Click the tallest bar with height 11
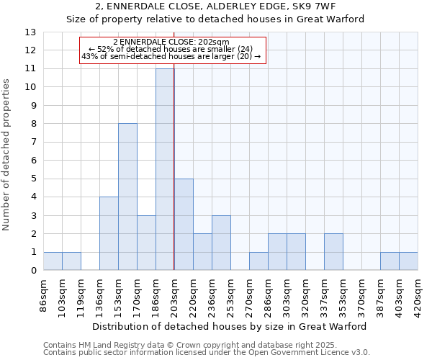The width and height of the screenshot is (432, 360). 165,169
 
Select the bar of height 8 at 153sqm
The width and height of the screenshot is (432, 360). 127,197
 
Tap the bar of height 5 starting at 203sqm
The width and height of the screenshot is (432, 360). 184,225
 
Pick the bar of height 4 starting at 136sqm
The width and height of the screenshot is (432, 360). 109,233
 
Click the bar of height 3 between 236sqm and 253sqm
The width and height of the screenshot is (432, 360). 221,243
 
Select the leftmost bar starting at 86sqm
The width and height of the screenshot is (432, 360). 53,261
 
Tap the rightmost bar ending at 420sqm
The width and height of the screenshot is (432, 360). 408,261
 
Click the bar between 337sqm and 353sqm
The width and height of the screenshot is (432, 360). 333,252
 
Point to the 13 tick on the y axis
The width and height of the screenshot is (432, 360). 30,32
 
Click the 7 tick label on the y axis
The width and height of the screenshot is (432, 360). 32,142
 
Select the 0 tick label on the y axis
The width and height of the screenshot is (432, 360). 32,271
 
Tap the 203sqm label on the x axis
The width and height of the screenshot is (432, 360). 174,294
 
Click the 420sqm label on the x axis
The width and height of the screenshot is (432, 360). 418,294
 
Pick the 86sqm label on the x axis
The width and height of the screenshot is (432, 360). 43,293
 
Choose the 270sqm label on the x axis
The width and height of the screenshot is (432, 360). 249,294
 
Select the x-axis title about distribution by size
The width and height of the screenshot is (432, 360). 230,326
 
